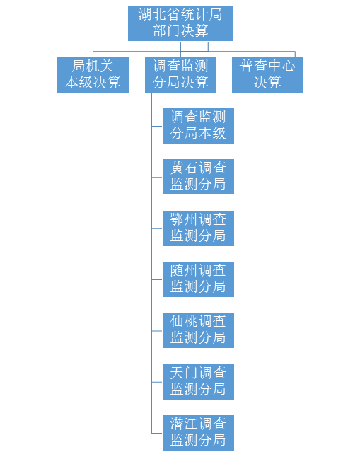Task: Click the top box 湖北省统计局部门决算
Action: (x=180, y=23)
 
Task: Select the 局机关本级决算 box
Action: (x=93, y=75)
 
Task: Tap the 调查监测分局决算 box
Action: (x=180, y=75)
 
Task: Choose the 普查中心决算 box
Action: (x=267, y=75)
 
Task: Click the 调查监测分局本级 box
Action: (x=198, y=126)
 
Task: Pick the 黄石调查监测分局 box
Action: (x=198, y=177)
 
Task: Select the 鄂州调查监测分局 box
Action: (x=198, y=228)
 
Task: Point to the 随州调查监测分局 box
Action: (x=198, y=279)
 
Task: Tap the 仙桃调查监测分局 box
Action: (x=198, y=330)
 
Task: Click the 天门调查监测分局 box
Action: (x=198, y=382)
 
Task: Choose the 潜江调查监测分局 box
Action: (x=198, y=433)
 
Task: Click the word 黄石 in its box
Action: (x=184, y=168)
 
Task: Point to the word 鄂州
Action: (x=184, y=219)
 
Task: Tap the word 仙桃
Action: (x=184, y=321)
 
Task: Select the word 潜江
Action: (x=184, y=424)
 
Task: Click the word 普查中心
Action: (x=267, y=66)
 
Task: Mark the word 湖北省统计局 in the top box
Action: (x=180, y=14)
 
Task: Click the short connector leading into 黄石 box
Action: (x=157, y=177)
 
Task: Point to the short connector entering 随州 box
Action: (x=157, y=279)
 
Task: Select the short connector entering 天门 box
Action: (x=157, y=382)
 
